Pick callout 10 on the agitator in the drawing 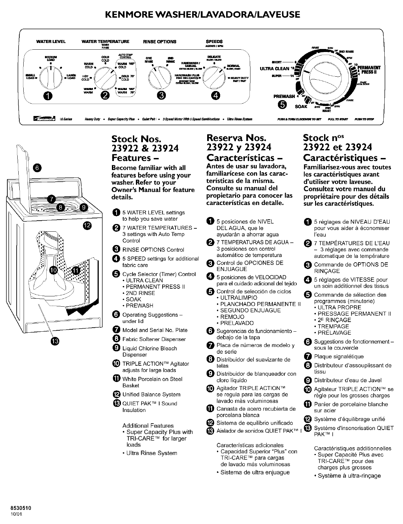tap(53, 270)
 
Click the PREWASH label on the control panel tap(284, 96)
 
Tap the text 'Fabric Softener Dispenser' tap(154, 339)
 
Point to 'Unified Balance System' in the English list tap(151, 394)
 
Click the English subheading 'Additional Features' tap(148, 426)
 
